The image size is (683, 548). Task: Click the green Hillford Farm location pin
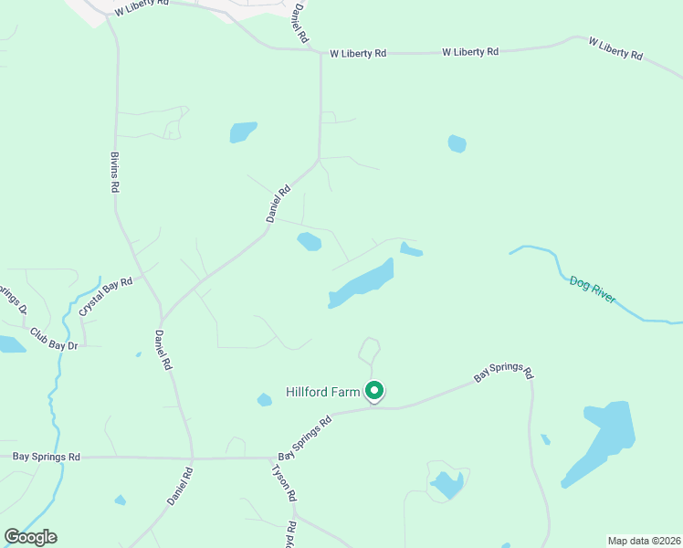click(373, 391)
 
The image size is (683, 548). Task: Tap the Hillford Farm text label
click(324, 392)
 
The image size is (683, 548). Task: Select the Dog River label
click(592, 289)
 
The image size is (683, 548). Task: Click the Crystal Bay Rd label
click(105, 297)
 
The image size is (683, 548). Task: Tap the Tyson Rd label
click(284, 482)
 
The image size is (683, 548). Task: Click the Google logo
click(30, 537)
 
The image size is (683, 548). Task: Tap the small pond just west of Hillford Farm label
click(264, 399)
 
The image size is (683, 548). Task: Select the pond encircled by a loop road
click(447, 484)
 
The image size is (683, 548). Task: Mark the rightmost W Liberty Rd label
click(615, 48)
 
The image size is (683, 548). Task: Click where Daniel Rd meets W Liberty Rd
click(320, 53)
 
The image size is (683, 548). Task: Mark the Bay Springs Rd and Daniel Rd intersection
click(192, 458)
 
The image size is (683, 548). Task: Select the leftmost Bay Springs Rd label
click(47, 456)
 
